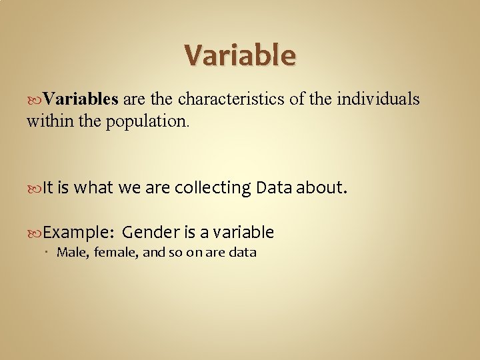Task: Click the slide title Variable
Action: [239, 55]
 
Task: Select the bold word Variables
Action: [81, 99]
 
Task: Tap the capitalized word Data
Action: [273, 188]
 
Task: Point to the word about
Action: [321, 188]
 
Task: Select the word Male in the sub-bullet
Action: [70, 252]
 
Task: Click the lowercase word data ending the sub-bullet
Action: [243, 252]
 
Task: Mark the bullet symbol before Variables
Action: [35, 100]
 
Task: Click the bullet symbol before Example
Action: [35, 233]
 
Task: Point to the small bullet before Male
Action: [51, 252]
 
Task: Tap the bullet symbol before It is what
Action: [35, 189]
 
